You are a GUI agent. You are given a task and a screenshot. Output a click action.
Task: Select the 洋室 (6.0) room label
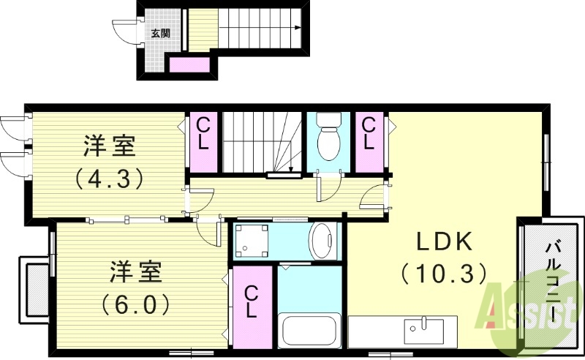[139, 285]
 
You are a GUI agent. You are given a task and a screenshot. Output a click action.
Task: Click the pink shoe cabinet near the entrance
[190, 66]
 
